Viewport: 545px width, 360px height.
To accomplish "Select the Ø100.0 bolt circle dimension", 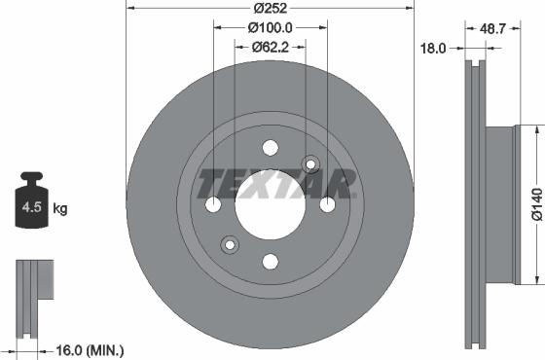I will click(270, 30).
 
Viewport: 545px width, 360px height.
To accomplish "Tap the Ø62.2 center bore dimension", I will click(270, 46).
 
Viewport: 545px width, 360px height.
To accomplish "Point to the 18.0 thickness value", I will click(432, 46).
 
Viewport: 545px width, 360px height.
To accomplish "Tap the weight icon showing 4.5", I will click(31, 207).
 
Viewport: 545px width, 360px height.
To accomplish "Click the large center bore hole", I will click(271, 204).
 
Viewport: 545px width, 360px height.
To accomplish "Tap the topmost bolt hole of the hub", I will click(271, 148).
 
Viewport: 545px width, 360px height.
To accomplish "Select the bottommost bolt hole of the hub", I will click(271, 261).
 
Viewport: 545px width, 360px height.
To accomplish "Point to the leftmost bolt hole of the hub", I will click(214, 204).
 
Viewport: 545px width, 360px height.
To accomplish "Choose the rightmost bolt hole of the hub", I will click(327, 204).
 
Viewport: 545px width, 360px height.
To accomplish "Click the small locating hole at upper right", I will click(310, 164).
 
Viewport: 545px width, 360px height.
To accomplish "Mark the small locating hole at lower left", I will click(230, 244).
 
